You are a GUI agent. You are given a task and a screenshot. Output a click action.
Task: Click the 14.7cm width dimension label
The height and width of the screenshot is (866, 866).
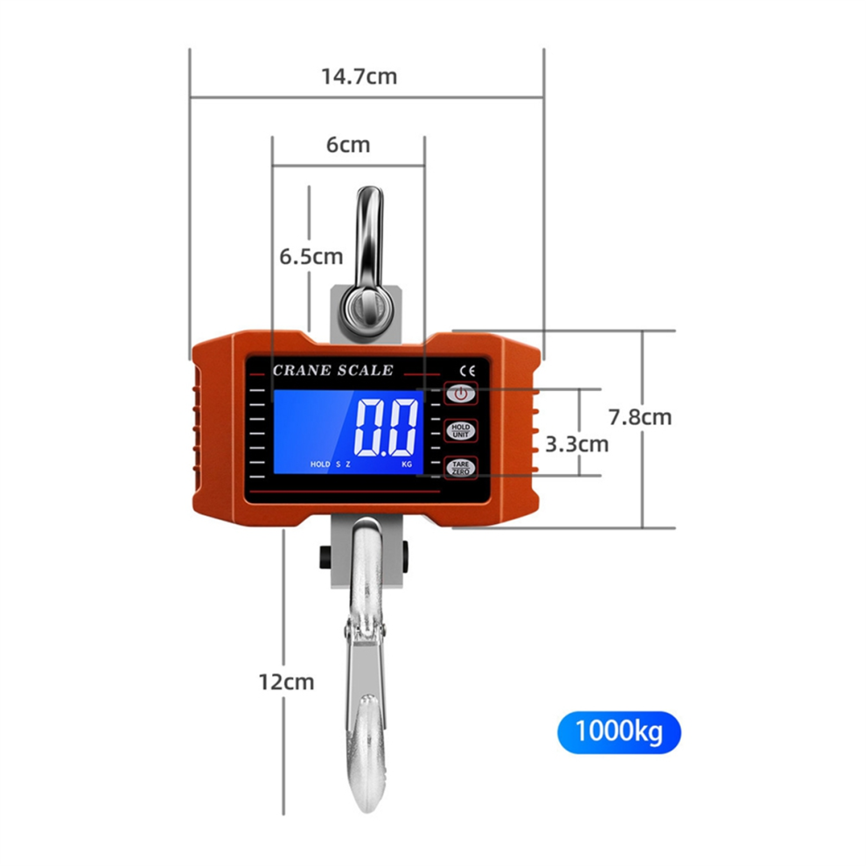pyautogui.click(x=359, y=76)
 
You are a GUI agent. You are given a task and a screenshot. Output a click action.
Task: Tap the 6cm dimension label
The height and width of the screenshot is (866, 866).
pyautogui.click(x=348, y=144)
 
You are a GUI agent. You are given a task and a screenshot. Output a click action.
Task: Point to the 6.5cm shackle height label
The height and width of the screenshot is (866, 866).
pyautogui.click(x=311, y=256)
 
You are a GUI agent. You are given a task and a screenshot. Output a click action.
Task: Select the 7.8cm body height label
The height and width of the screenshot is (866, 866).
pyautogui.click(x=640, y=417)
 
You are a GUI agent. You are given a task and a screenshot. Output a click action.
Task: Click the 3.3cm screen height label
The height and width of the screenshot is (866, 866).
pyautogui.click(x=577, y=444)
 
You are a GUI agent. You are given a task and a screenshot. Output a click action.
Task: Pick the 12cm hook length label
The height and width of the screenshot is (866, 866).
pyautogui.click(x=286, y=682)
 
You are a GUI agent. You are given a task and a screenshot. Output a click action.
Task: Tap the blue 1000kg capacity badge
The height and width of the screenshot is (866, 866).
pyautogui.click(x=619, y=732)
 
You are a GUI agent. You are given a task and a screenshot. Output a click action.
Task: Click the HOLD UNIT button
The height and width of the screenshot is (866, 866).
pyautogui.click(x=461, y=430)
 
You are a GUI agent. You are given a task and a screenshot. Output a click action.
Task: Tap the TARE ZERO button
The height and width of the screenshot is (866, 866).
pyautogui.click(x=461, y=468)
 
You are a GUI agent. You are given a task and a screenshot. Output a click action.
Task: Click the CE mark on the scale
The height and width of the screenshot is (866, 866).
pyautogui.click(x=467, y=371)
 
